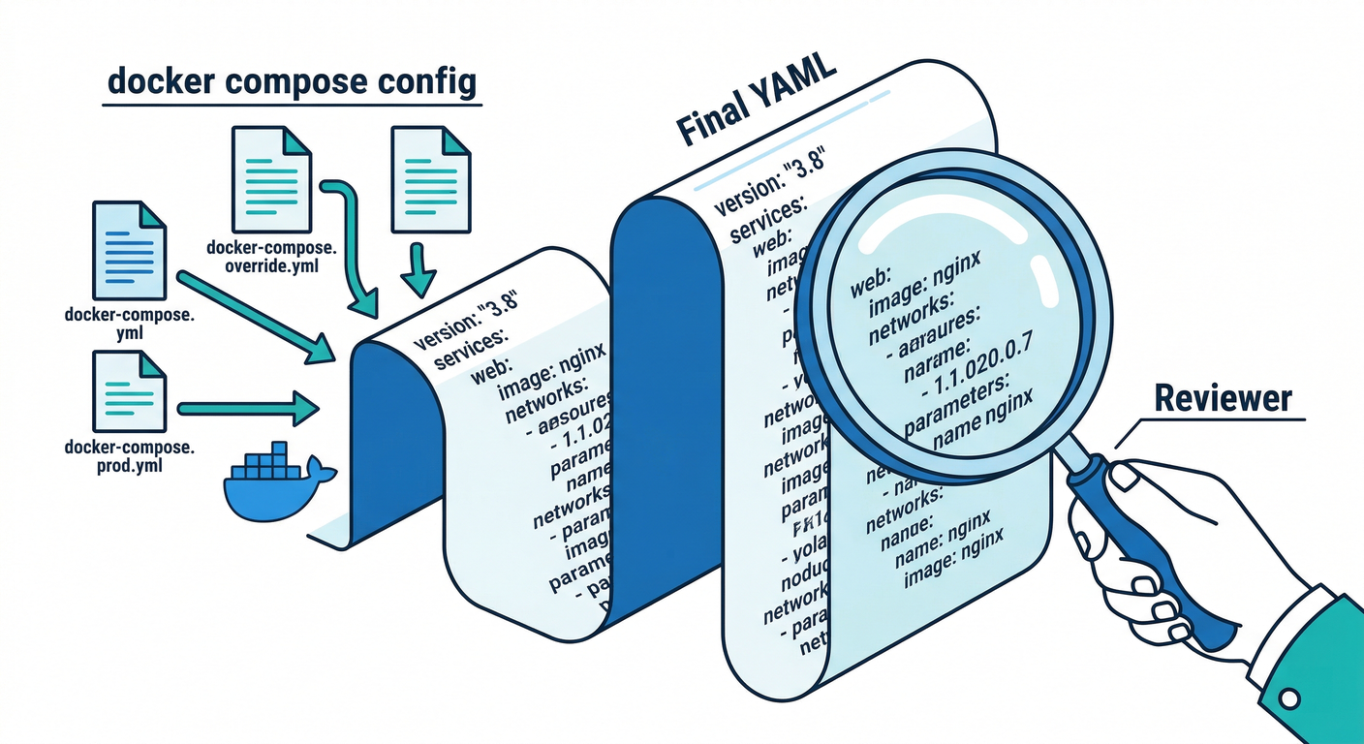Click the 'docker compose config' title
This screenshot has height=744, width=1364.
point(292,82)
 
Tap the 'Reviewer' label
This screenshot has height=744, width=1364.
point(1224,398)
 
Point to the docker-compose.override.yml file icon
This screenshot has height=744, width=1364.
point(272,177)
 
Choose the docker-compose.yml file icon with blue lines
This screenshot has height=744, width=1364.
point(128,250)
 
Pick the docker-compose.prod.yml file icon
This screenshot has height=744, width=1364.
point(128,391)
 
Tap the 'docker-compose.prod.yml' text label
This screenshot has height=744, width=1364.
point(129,456)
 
